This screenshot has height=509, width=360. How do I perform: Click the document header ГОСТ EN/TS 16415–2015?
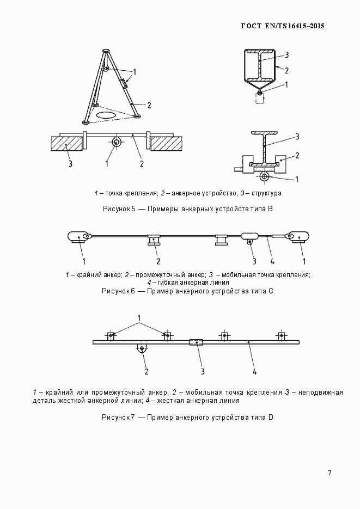279,26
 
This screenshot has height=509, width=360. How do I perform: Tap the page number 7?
330,473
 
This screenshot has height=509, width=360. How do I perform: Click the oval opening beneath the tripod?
106,115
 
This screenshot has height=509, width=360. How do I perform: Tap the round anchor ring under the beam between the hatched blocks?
117,143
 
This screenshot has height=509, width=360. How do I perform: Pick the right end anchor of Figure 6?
298,237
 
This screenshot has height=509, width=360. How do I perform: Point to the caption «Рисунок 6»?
119,291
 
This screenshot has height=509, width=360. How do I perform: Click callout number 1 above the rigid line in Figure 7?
139,317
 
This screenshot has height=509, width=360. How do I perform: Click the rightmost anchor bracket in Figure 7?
280,335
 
